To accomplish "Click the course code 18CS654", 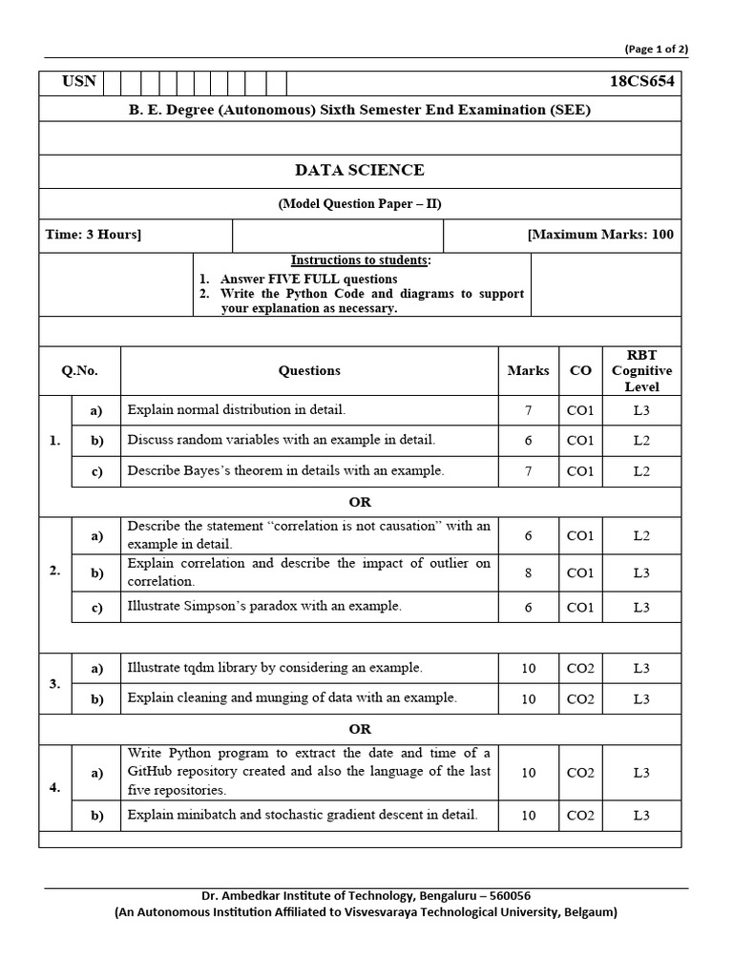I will click(641, 82).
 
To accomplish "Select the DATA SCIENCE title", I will click(360, 171).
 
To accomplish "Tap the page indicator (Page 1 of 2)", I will click(656, 49).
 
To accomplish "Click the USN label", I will click(78, 81).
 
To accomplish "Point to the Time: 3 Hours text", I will click(94, 235).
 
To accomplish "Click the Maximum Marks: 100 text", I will click(600, 235).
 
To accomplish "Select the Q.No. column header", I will click(79, 371).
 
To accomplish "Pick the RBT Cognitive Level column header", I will click(641, 371).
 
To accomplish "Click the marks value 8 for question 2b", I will click(528, 572).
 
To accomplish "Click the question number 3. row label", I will click(55, 683).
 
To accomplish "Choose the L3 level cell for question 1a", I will click(641, 410).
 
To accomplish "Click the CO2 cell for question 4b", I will click(580, 816).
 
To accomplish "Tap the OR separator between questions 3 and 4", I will click(360, 729).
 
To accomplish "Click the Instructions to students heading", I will click(360, 260).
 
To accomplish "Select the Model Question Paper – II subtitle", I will click(360, 204).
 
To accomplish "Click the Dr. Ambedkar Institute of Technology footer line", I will click(366, 896).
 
